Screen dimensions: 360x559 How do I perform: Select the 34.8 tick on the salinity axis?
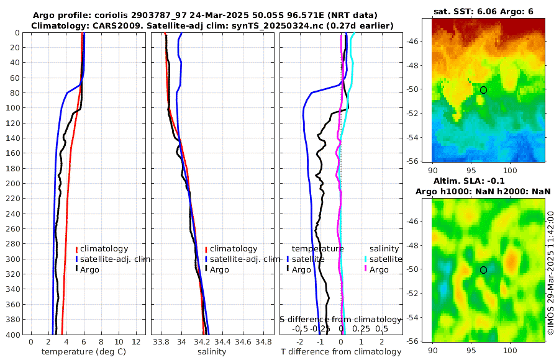(264, 342)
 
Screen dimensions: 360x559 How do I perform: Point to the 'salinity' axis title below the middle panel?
(211, 352)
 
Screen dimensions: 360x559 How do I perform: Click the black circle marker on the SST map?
(483, 90)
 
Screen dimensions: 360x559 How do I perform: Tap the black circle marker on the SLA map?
(483, 270)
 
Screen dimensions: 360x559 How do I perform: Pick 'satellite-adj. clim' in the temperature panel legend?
(115, 259)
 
